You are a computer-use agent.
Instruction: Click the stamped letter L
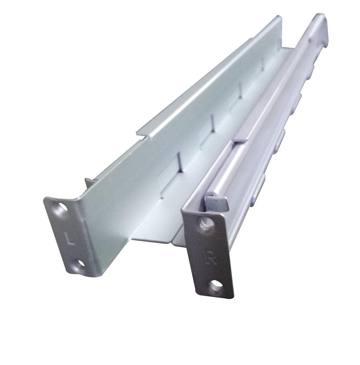coord(70,239)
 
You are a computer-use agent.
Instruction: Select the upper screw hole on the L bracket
coord(62,207)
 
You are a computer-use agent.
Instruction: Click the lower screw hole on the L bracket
coord(80,264)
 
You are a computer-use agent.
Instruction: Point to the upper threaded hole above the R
coord(206,224)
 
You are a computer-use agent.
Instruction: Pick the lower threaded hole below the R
coord(215,286)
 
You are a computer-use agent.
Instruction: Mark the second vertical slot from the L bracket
coord(212,122)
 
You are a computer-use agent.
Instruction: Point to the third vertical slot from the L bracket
coord(240,91)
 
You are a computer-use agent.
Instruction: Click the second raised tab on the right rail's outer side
coord(280,140)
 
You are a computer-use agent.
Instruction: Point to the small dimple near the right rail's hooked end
coord(309,40)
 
